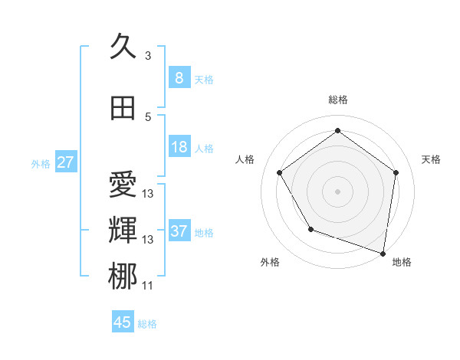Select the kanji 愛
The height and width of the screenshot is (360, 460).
(123, 185)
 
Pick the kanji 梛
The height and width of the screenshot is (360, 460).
(123, 277)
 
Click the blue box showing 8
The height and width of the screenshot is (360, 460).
(179, 77)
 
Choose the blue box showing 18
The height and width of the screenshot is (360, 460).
(179, 148)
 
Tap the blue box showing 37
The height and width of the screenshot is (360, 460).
(179, 231)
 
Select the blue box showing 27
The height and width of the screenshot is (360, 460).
(65, 162)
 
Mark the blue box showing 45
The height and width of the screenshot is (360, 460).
(123, 322)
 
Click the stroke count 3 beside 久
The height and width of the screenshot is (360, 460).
(148, 56)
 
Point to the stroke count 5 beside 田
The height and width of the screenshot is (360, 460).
(148, 117)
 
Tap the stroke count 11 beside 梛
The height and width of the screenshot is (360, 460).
(147, 286)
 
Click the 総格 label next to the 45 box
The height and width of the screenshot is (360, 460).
(147, 324)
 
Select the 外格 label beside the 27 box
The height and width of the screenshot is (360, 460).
(40, 164)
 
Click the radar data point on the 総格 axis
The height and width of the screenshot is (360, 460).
(337, 131)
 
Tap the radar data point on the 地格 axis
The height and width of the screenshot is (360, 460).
(383, 252)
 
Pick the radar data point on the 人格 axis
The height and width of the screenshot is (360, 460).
(279, 172)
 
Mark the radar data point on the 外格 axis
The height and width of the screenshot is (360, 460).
(310, 229)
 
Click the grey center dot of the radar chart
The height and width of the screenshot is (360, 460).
(337, 191)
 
